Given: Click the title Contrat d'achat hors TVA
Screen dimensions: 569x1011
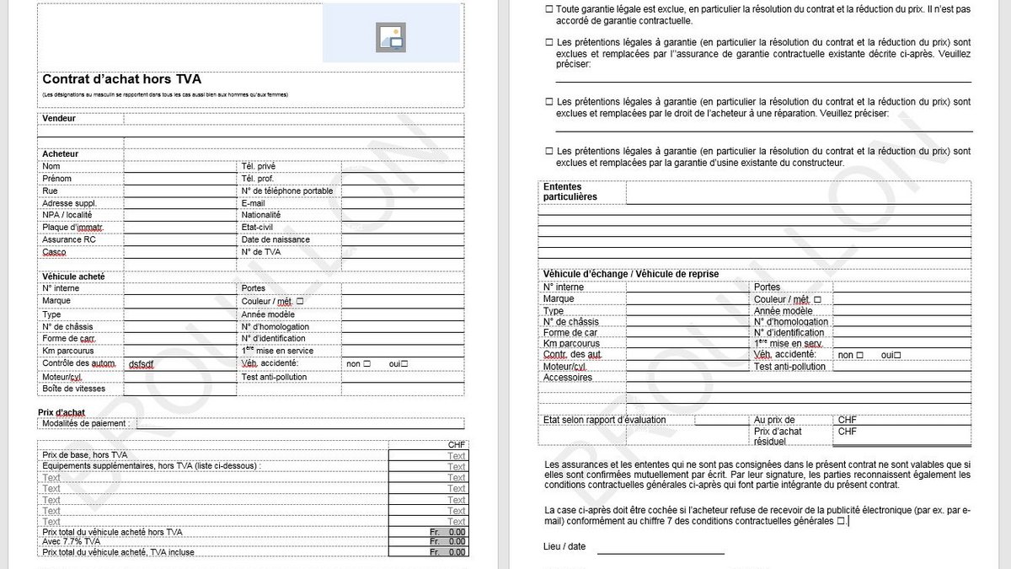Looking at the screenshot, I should pyautogui.click(x=121, y=79).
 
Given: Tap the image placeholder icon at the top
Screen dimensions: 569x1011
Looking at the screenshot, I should pyautogui.click(x=392, y=35).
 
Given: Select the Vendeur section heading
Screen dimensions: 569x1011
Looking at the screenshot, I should pyautogui.click(x=59, y=118).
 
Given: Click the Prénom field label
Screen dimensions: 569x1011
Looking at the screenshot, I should pyautogui.click(x=56, y=179).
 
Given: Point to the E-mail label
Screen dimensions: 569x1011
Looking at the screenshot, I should pyautogui.click(x=253, y=203).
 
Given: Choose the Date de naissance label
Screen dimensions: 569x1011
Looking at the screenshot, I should pyautogui.click(x=275, y=239).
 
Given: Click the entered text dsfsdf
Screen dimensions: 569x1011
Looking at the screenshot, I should pyautogui.click(x=142, y=364).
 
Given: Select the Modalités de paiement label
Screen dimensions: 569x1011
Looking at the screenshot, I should pyautogui.click(x=83, y=423).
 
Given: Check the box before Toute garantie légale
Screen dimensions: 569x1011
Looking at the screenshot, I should pyautogui.click(x=549, y=9).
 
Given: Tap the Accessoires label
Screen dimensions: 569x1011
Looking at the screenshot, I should pyautogui.click(x=568, y=378).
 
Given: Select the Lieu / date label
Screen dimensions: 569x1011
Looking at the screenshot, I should pyautogui.click(x=564, y=546).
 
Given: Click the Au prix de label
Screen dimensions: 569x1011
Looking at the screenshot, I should pyautogui.click(x=774, y=420).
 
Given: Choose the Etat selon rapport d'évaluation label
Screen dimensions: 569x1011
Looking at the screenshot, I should pyautogui.click(x=604, y=420).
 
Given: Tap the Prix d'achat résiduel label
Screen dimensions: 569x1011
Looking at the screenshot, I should pyautogui.click(x=778, y=436).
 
